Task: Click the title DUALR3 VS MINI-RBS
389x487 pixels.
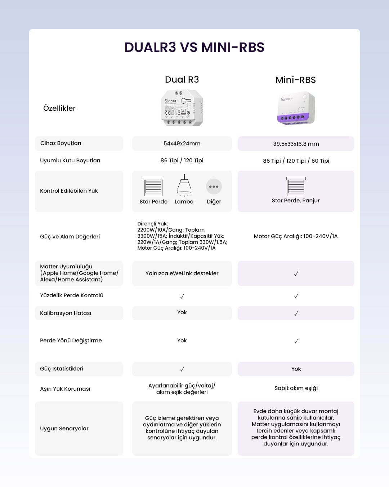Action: [x=194, y=48]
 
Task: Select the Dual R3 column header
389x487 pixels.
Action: [x=182, y=80]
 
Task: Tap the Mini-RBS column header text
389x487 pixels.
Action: [x=295, y=80]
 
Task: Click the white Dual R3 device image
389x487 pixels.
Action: [x=182, y=108]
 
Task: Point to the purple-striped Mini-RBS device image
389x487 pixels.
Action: [x=296, y=108]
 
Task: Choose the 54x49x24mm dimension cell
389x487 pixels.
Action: [x=182, y=144]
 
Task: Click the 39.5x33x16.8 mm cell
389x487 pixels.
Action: [x=296, y=144]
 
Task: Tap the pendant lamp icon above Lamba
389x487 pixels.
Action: [x=184, y=186]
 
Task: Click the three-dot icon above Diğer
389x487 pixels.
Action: [x=214, y=187]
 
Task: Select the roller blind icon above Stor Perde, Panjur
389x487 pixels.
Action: [x=296, y=186]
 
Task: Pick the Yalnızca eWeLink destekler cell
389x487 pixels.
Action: [x=182, y=273]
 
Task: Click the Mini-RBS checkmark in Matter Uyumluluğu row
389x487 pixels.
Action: [x=296, y=273]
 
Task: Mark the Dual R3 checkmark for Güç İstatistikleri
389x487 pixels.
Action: [x=182, y=369]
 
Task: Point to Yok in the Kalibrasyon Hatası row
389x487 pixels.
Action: [x=182, y=312]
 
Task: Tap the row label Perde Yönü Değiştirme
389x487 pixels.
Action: [x=71, y=341]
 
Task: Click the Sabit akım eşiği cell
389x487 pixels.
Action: [x=296, y=388]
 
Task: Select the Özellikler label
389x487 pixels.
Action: [x=59, y=108]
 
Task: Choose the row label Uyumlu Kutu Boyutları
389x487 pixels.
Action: [x=70, y=161]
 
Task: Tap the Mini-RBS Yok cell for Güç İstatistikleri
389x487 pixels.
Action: [x=296, y=369]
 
